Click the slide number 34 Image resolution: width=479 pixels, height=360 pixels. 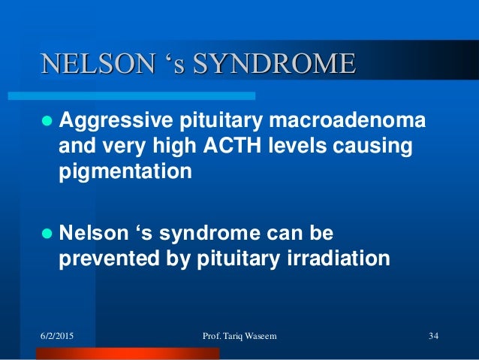pyautogui.click(x=432, y=335)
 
